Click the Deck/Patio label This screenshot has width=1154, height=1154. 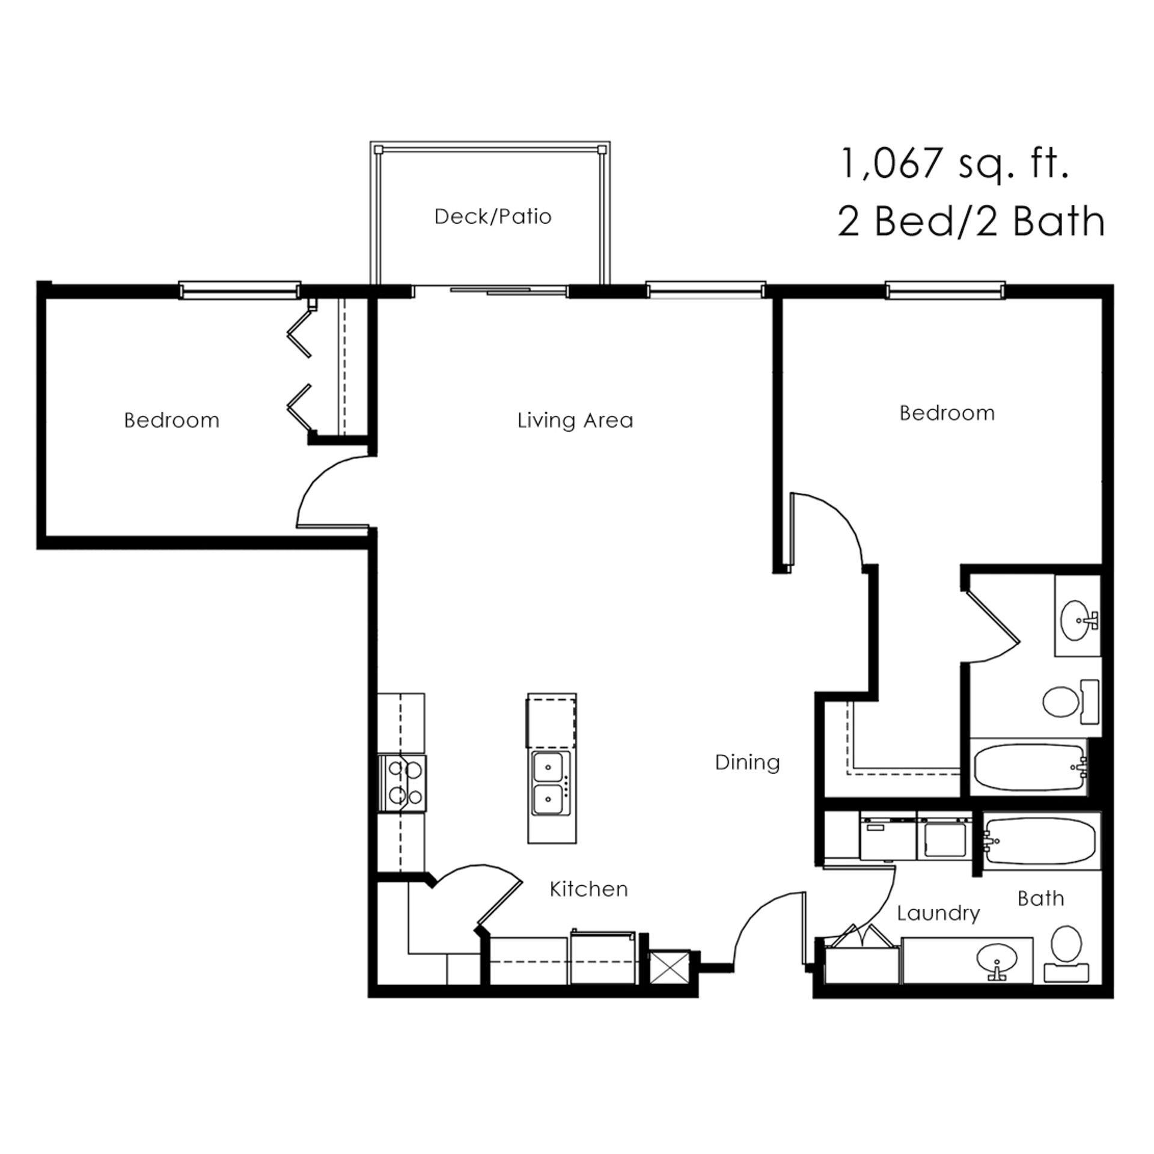[x=493, y=216]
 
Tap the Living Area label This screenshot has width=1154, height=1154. [x=575, y=420]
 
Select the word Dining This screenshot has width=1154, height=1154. [x=747, y=763]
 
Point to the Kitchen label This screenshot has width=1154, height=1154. [x=588, y=889]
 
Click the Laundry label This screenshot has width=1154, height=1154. [x=938, y=914]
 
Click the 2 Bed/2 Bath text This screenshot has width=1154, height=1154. [x=971, y=221]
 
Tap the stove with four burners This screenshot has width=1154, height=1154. [x=402, y=783]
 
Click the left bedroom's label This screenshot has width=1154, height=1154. [x=172, y=420]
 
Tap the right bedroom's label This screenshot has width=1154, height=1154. [x=947, y=413]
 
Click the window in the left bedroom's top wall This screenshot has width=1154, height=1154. [x=240, y=290]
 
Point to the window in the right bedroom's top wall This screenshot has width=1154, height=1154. [x=945, y=290]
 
